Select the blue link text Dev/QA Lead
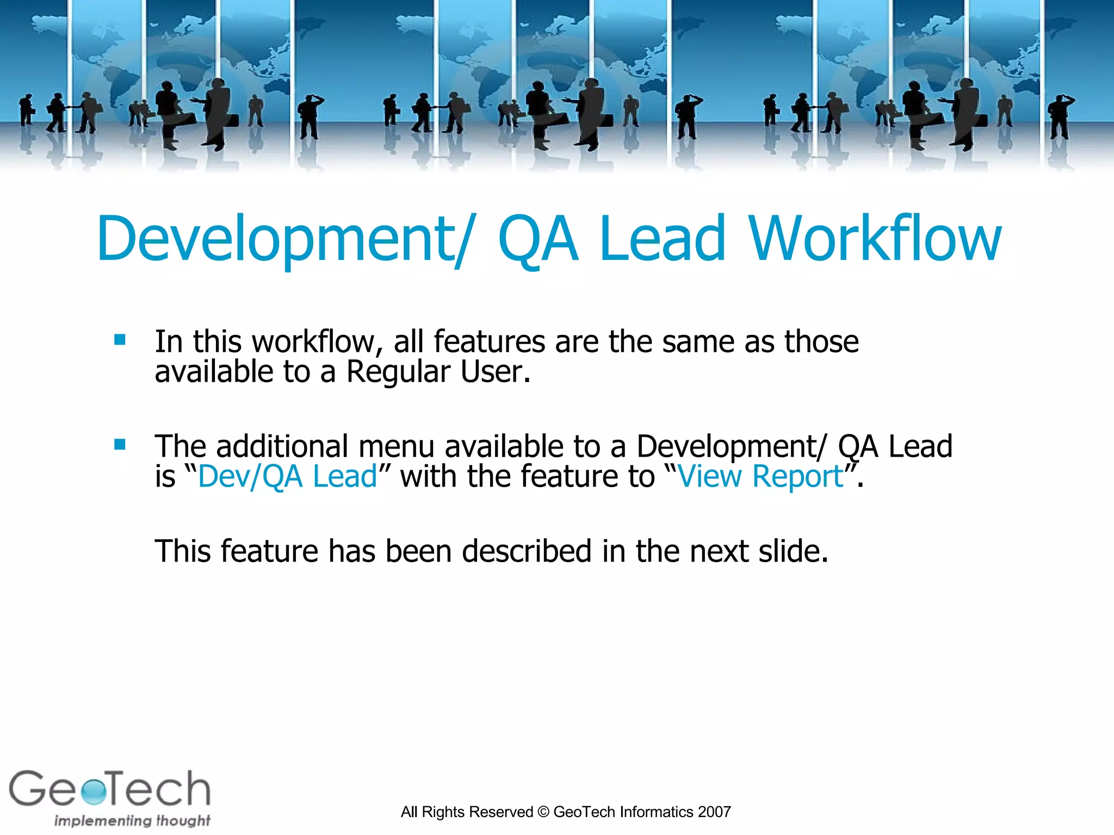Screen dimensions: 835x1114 pyautogui.click(x=287, y=477)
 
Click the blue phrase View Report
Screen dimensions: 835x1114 pyautogui.click(x=760, y=477)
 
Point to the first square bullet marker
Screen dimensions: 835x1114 pyautogui.click(x=120, y=340)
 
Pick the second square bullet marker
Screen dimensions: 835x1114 pyautogui.click(x=120, y=445)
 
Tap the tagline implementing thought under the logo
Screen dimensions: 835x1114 pyautogui.click(x=132, y=820)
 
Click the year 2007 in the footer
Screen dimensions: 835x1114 pyautogui.click(x=714, y=812)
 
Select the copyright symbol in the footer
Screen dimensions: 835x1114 pyautogui.click(x=543, y=812)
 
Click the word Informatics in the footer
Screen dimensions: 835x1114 pyautogui.click(x=656, y=812)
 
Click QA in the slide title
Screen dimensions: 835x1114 pyautogui.click(x=537, y=239)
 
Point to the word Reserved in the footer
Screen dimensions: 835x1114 pyautogui.click(x=505, y=812)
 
